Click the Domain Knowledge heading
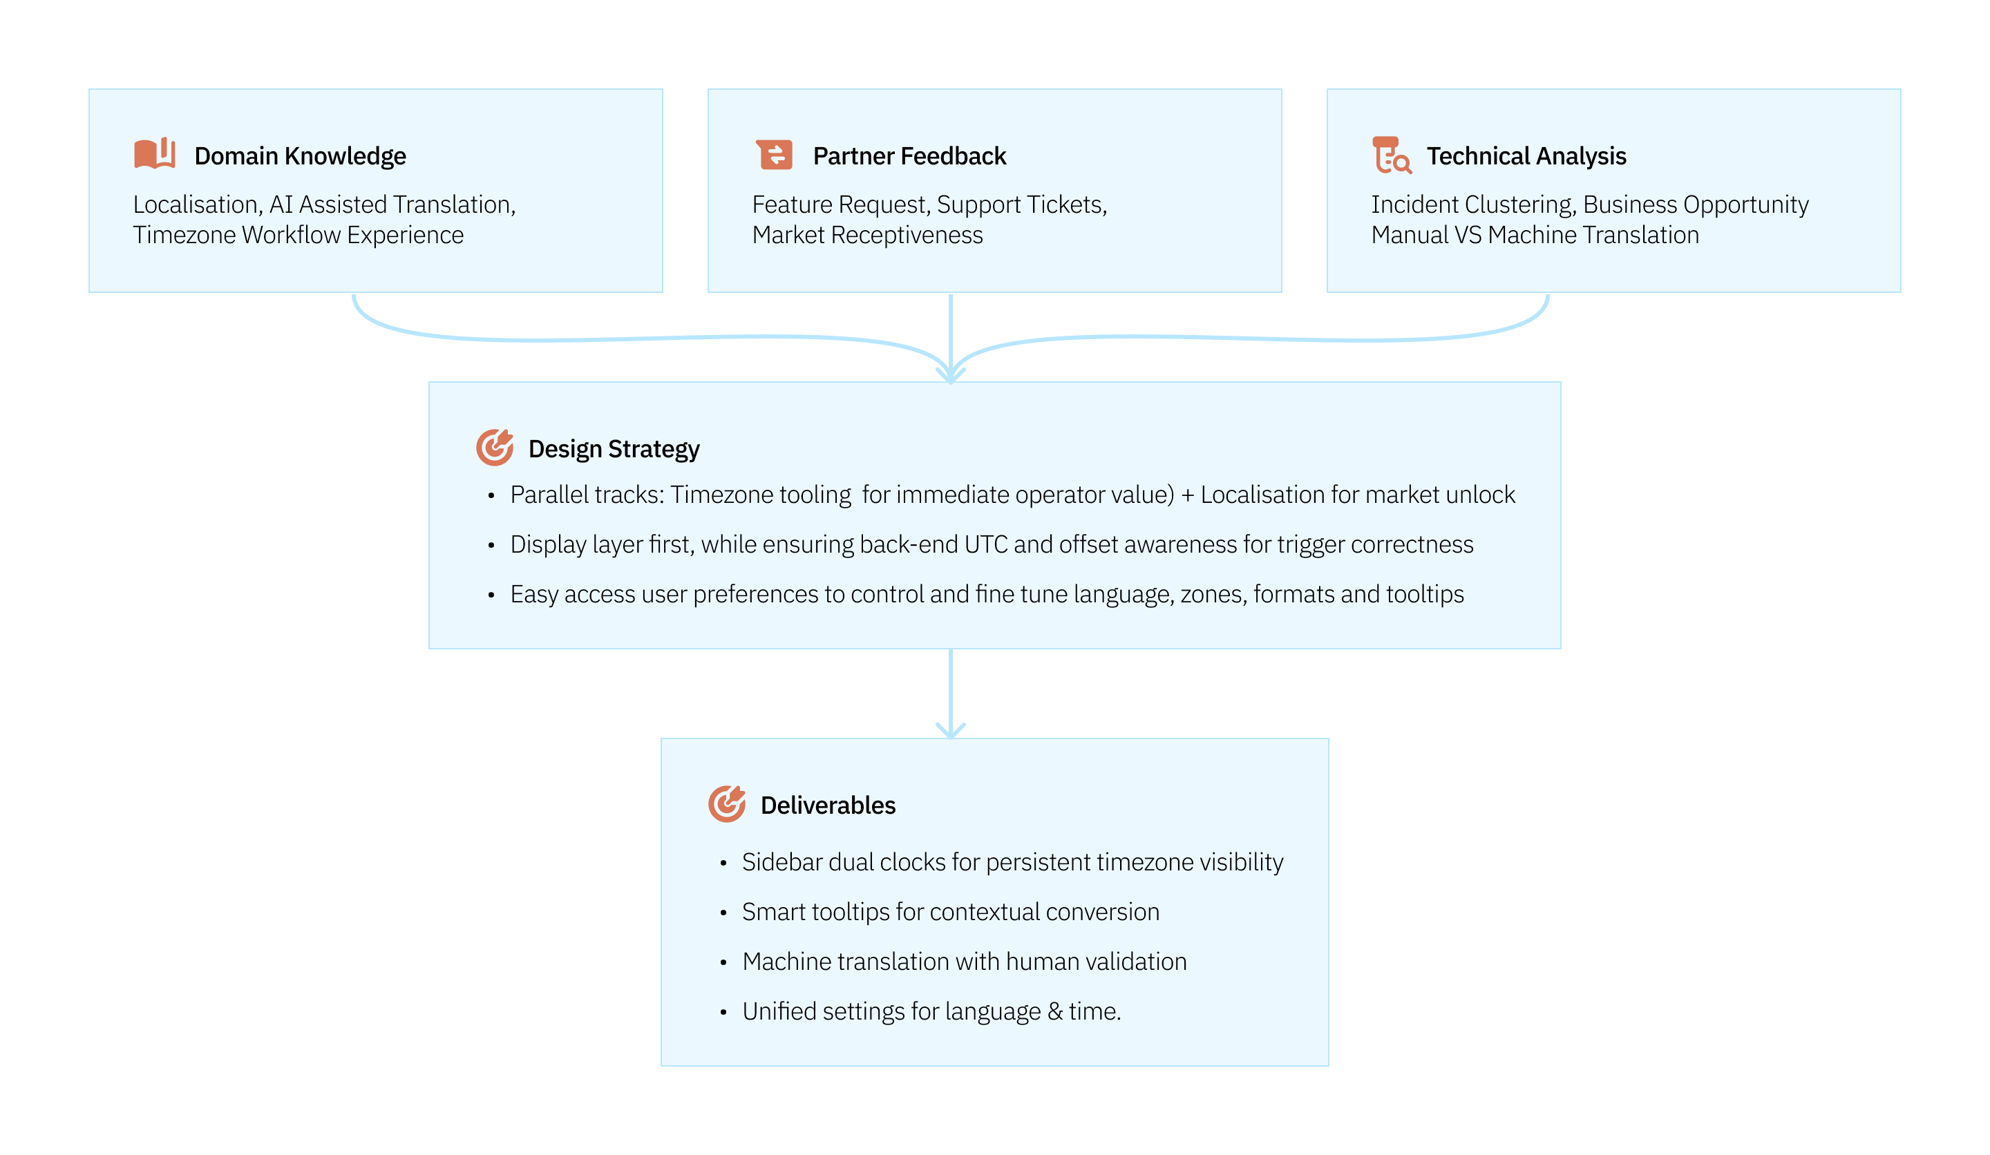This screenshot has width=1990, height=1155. pyautogui.click(x=300, y=156)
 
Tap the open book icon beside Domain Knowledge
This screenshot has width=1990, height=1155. pyautogui.click(x=154, y=153)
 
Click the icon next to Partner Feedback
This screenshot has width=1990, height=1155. pyautogui.click(x=774, y=155)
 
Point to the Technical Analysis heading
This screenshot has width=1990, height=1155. pyautogui.click(x=1526, y=156)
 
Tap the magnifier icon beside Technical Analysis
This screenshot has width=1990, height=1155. pyautogui.click(x=1392, y=155)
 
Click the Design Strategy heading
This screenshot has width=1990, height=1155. pyautogui.click(x=614, y=449)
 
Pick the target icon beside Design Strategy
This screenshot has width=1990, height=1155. pyautogui.click(x=494, y=448)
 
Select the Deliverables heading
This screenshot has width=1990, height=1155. pyautogui.click(x=828, y=805)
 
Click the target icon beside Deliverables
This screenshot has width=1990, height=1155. pyautogui.click(x=726, y=803)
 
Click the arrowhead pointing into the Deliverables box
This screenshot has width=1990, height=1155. pyautogui.click(x=951, y=731)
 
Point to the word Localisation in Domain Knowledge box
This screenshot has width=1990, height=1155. pyautogui.click(x=196, y=204)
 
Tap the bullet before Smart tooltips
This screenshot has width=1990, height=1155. pyautogui.click(x=723, y=913)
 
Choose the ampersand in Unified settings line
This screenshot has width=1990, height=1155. pyautogui.click(x=1055, y=1011)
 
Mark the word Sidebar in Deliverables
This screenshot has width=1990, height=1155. pyautogui.click(x=781, y=862)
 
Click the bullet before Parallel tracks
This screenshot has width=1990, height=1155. pyautogui.click(x=491, y=496)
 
